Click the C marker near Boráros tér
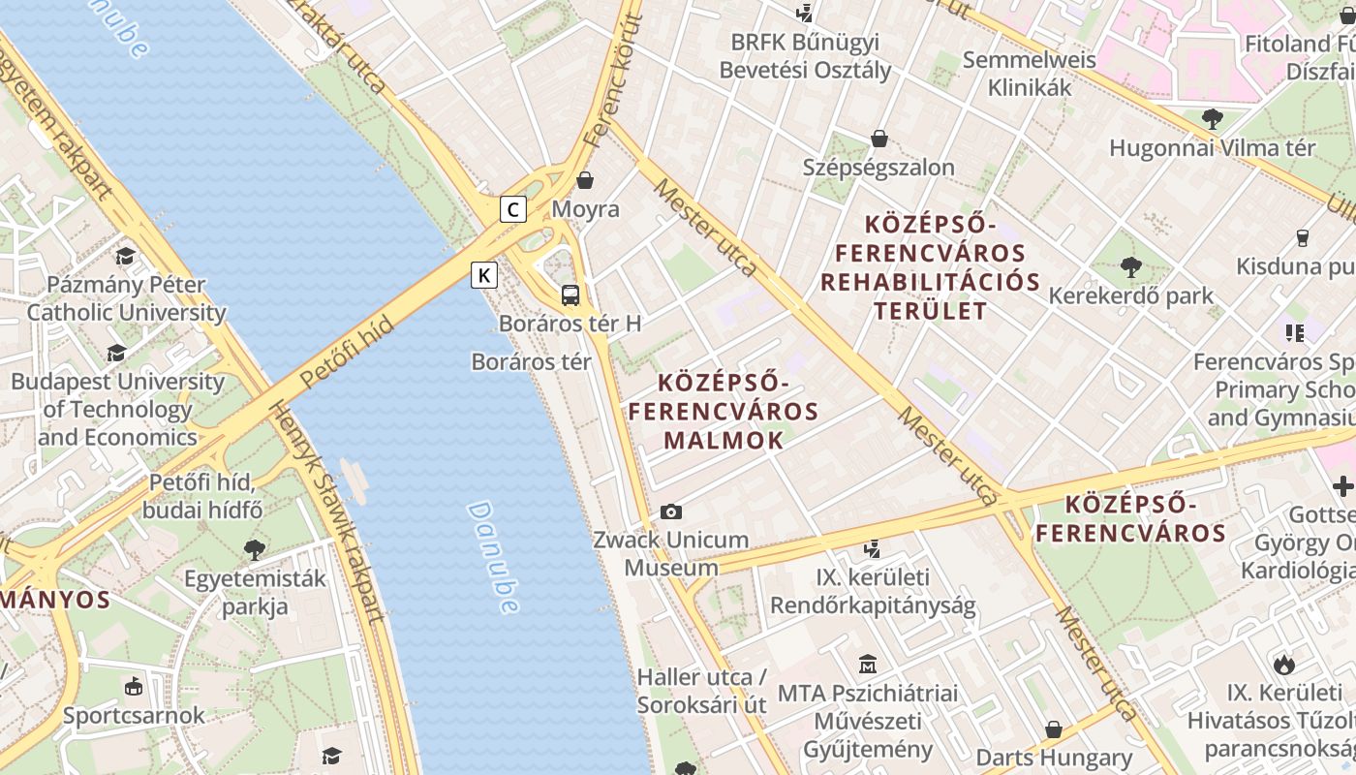pos(512,208)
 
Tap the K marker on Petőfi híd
pos(484,275)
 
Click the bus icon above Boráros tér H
pos(570,295)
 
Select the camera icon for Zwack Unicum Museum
pos(670,511)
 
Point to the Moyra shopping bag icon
pos(585,180)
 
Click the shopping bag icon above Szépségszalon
pos(879,139)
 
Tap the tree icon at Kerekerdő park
pos(1130,266)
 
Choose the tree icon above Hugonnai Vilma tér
pos(1212,119)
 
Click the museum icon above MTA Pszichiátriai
pos(868,665)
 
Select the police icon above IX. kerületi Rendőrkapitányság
pos(873,549)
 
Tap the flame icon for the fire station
pos(1284,665)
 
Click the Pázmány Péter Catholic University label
pos(126,298)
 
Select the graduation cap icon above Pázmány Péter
pos(125,256)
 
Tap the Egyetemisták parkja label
pos(255,593)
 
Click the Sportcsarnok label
pos(134,716)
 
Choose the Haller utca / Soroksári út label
pos(701,691)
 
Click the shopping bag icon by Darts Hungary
pos(1054,729)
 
